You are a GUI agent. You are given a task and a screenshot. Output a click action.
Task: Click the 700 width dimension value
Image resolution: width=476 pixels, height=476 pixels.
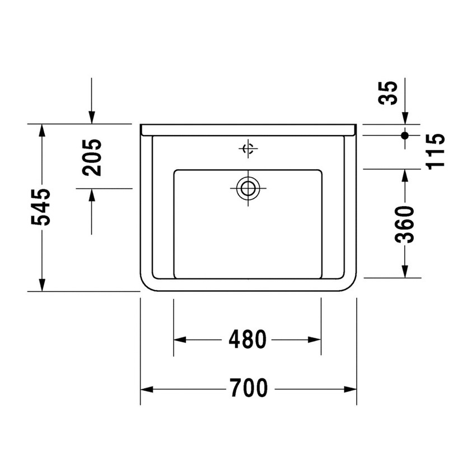[x=248, y=388]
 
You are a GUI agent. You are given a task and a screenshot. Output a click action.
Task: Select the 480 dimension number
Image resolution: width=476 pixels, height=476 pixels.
[x=248, y=339]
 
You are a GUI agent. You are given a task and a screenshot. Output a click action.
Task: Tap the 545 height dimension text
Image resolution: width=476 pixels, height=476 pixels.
[x=41, y=207]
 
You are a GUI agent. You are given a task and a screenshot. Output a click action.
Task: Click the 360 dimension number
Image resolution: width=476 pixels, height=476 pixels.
[x=404, y=224]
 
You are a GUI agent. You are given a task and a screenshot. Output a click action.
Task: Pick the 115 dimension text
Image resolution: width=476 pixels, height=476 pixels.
[x=435, y=150]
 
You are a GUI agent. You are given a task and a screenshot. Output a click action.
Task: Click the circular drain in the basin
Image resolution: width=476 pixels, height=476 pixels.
[x=248, y=188]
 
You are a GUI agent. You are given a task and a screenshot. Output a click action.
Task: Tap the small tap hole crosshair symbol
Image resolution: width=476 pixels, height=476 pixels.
[x=248, y=148]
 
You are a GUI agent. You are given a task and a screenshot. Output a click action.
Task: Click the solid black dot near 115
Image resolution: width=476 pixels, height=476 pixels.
[x=405, y=135]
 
